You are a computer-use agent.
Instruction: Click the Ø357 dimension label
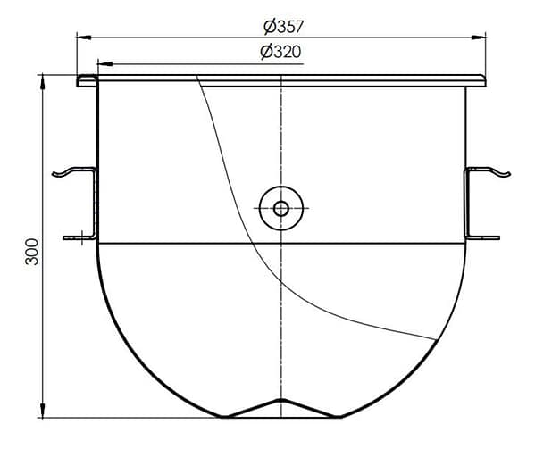283,27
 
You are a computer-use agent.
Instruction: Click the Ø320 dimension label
280,52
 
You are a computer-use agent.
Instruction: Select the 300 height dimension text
32,252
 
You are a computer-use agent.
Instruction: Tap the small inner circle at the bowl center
280,209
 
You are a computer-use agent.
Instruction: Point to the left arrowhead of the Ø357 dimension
83,37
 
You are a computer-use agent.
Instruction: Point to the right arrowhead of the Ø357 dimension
479,37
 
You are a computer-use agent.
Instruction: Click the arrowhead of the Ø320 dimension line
104,63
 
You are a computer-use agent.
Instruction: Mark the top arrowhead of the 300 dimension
42,82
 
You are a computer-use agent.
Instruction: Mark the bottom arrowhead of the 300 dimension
42,410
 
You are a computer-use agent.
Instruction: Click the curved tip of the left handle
54,175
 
